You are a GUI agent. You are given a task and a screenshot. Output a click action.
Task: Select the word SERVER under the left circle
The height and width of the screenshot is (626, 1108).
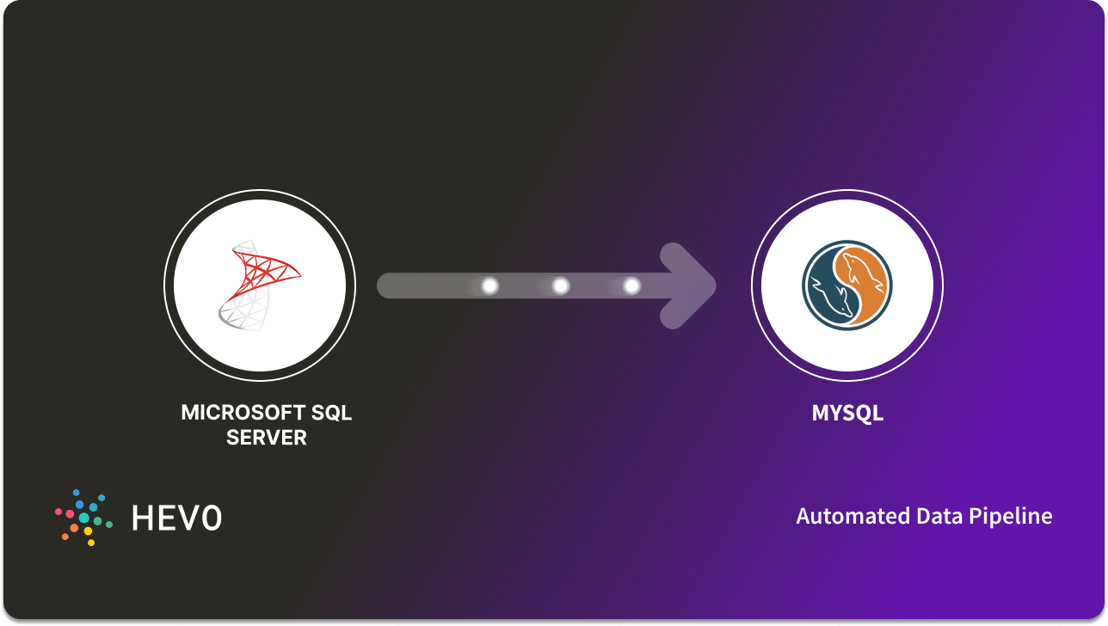(x=267, y=438)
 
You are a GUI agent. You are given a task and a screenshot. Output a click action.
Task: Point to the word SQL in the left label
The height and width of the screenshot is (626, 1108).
(x=332, y=413)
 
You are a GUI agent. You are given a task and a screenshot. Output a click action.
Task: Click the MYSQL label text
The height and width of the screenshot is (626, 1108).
(x=847, y=414)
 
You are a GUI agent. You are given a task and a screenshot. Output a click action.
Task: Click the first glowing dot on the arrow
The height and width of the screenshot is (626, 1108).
(x=490, y=285)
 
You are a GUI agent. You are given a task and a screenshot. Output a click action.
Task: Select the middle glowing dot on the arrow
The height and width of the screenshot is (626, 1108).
(x=561, y=285)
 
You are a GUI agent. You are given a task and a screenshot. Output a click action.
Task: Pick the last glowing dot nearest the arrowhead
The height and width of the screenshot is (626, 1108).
(x=631, y=285)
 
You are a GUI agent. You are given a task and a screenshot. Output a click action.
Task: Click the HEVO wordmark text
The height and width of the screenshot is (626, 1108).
(x=176, y=518)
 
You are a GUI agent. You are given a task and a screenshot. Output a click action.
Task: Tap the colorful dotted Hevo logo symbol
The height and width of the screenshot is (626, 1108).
(x=83, y=518)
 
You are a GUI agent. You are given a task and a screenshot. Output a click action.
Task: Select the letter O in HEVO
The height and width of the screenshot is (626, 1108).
(x=211, y=518)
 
